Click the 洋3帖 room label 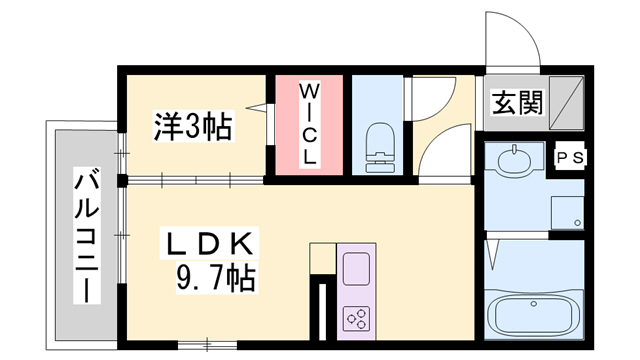click(x=192, y=126)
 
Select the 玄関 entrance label click(x=516, y=103)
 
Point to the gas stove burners click(x=356, y=318)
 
